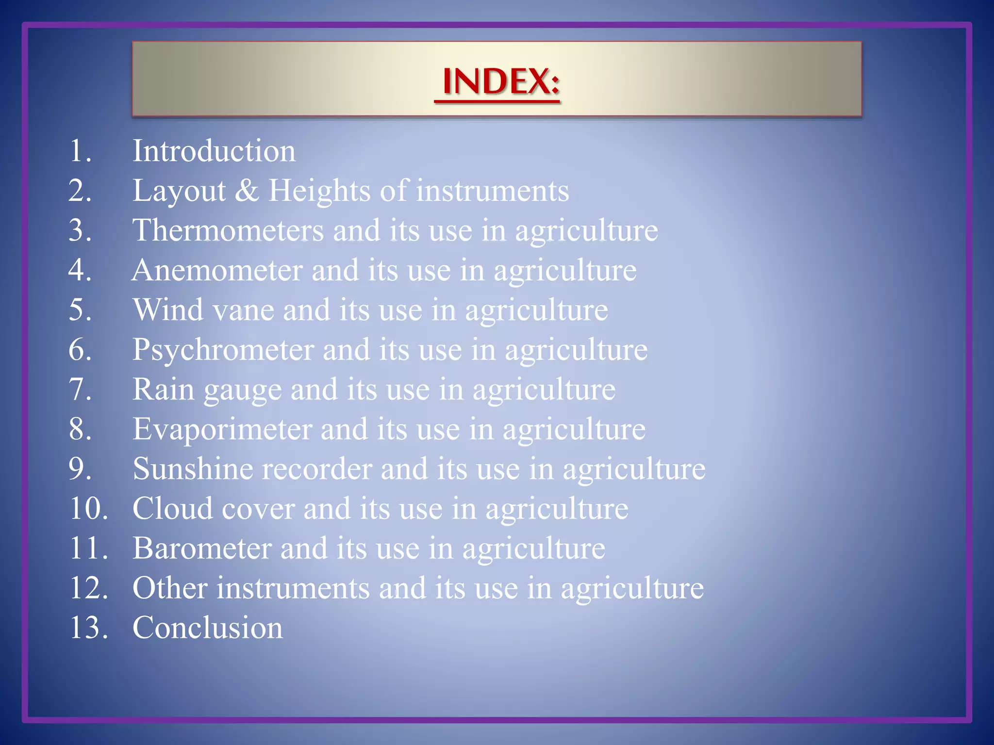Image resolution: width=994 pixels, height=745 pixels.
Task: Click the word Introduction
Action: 214,151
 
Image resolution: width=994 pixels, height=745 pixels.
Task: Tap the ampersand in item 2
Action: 247,190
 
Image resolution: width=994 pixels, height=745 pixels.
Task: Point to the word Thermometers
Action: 228,230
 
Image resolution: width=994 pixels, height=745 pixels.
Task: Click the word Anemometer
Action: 217,270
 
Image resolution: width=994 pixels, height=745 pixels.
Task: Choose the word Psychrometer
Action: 223,350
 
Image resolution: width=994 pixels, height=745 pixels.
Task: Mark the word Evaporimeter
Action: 222,429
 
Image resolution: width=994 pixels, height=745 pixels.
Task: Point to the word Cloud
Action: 173,509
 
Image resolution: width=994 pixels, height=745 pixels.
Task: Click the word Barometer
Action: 202,549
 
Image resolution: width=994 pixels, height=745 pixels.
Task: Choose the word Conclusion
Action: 208,628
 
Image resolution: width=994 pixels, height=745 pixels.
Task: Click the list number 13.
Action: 88,628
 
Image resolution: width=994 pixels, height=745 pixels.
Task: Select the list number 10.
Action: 88,509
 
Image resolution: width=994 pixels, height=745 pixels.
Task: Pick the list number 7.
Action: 80,389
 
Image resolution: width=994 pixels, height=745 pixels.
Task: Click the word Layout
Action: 179,191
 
